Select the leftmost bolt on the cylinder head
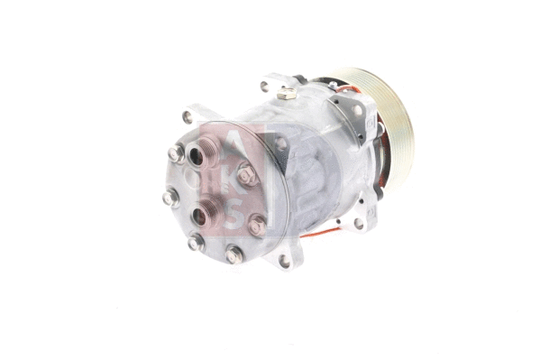point(169,197)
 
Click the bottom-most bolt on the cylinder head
point(233,256)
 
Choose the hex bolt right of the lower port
point(257,226)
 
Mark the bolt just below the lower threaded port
point(196,241)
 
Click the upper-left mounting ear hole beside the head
point(187,116)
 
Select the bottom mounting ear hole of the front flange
point(285,261)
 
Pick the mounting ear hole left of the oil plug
point(264,87)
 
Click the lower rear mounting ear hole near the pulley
point(359,222)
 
